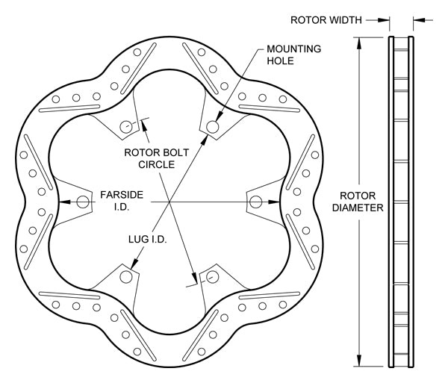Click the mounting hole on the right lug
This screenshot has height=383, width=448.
256,201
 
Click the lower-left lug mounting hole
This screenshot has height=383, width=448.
126,276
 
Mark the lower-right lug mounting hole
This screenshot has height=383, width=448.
213,276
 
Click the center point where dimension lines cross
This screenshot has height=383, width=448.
169,201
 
